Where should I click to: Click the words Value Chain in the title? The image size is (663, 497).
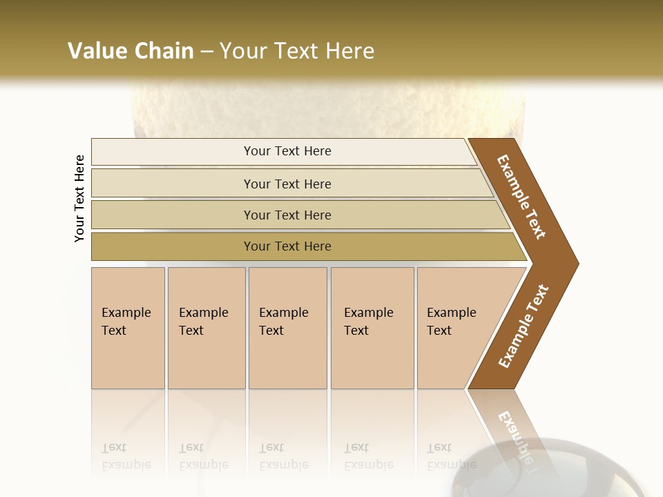131,51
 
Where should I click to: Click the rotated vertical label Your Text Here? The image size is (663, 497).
79,198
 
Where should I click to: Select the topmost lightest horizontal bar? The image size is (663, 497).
173,152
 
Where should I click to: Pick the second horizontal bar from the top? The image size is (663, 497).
173,184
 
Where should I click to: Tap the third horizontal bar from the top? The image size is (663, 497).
173,215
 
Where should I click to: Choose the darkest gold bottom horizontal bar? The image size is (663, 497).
173,246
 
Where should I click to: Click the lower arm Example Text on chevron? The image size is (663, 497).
523,327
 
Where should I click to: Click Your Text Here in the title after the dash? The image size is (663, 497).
297,51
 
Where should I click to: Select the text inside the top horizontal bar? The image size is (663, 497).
287,151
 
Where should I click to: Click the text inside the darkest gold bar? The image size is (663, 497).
287,246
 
